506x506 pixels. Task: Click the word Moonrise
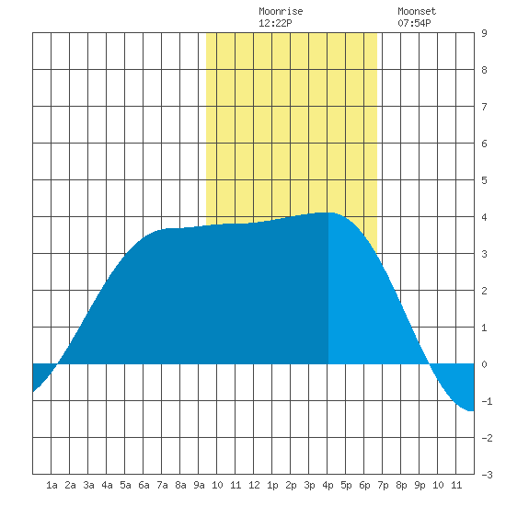coord(281,11)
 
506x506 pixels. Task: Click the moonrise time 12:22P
coord(275,23)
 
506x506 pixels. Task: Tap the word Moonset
coord(417,11)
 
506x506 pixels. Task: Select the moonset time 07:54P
coord(414,23)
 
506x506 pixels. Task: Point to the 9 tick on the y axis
coord(484,33)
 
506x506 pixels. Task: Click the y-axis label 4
coord(484,217)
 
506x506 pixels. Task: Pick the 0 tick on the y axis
coord(484,364)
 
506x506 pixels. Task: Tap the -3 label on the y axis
coord(487,475)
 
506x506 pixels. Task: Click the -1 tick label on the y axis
coord(487,401)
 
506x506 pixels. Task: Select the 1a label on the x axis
coord(52,485)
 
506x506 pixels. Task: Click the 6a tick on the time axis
coord(144,485)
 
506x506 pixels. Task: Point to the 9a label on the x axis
coord(199,485)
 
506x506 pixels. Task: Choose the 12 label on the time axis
coord(254,485)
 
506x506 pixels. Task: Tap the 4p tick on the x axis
coord(328,485)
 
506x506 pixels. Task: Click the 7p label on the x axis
coord(383,485)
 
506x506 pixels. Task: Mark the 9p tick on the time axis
coord(420,485)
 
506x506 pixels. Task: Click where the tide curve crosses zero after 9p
coord(430,364)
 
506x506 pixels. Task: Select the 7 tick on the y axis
coord(484,107)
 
